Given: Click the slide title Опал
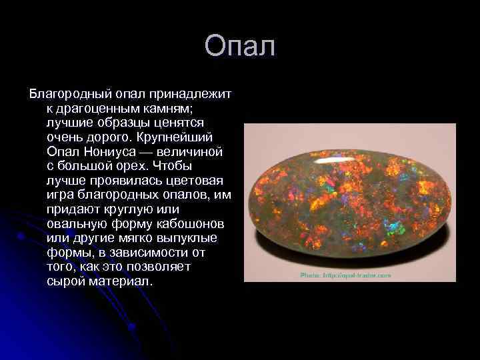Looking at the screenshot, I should point(240,47).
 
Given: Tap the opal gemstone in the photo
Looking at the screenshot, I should point(340,200).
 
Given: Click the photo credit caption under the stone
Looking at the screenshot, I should point(345,274).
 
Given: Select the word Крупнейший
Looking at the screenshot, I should point(176,137).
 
